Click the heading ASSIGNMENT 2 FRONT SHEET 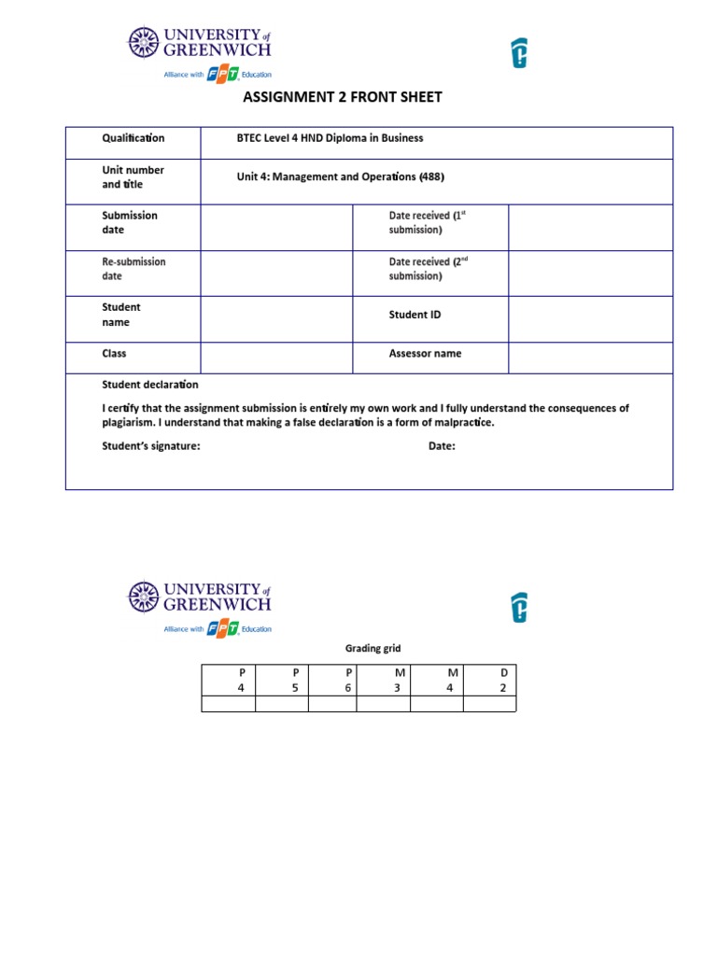pos(342,97)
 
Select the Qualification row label pos(133,138)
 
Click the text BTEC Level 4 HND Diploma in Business pos(330,138)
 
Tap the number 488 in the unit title pos(431,176)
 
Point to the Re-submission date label pos(133,269)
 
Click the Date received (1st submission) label pos(427,222)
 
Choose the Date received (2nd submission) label pos(427,269)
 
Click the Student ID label pos(415,315)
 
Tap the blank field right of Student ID pos(590,318)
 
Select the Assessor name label pos(425,354)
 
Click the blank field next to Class pos(276,357)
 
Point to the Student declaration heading pos(149,385)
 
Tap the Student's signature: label pos(150,446)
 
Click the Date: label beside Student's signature pos(442,446)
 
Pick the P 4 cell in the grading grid pos(229,680)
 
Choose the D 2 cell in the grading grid pos(490,680)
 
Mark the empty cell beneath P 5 pos(282,704)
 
